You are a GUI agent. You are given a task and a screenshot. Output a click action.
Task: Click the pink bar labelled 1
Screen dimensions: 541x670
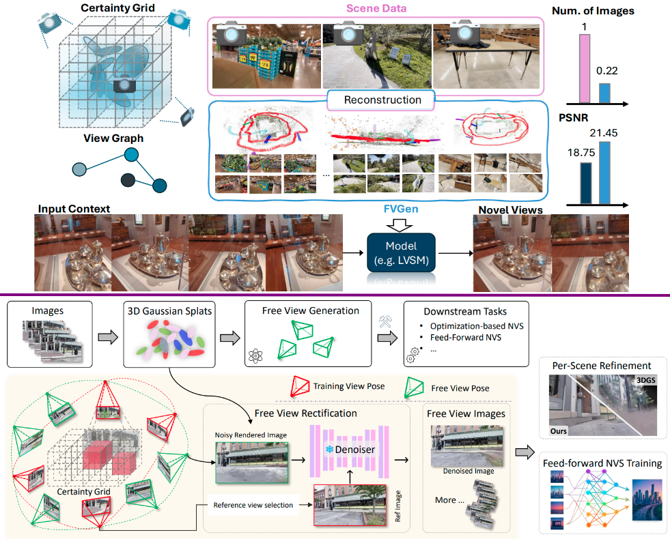585,68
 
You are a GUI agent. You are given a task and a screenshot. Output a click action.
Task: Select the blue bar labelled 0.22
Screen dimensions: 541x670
604,93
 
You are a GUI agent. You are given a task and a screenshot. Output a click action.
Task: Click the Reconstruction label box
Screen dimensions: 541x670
382,100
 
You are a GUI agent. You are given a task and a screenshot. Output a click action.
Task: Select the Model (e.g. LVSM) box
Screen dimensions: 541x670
402,252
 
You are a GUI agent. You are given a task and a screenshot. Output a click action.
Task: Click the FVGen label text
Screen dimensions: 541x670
401,210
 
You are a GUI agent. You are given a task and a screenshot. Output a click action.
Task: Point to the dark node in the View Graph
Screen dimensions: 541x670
127,180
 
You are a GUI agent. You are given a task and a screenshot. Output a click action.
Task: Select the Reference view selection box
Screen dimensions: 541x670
253,506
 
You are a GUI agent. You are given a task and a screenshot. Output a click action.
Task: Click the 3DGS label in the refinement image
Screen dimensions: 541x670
645,380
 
